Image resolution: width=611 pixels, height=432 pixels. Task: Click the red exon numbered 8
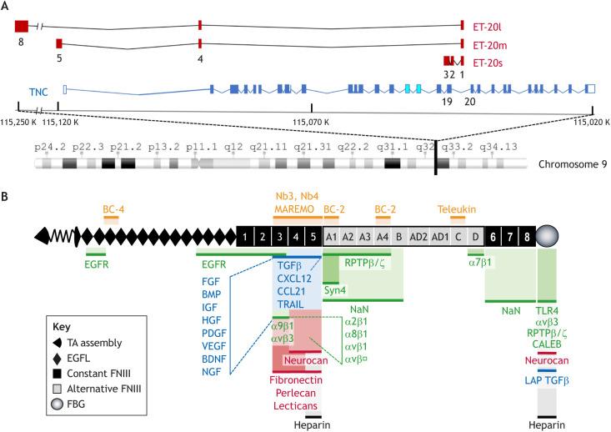(22, 26)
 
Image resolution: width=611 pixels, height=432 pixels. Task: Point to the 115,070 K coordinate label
(311, 123)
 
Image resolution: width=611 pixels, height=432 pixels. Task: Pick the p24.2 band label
(48, 146)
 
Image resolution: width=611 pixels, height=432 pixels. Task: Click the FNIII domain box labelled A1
(331, 236)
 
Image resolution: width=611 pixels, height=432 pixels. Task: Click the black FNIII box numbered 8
(527, 236)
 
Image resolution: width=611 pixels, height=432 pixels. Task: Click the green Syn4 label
(335, 289)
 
